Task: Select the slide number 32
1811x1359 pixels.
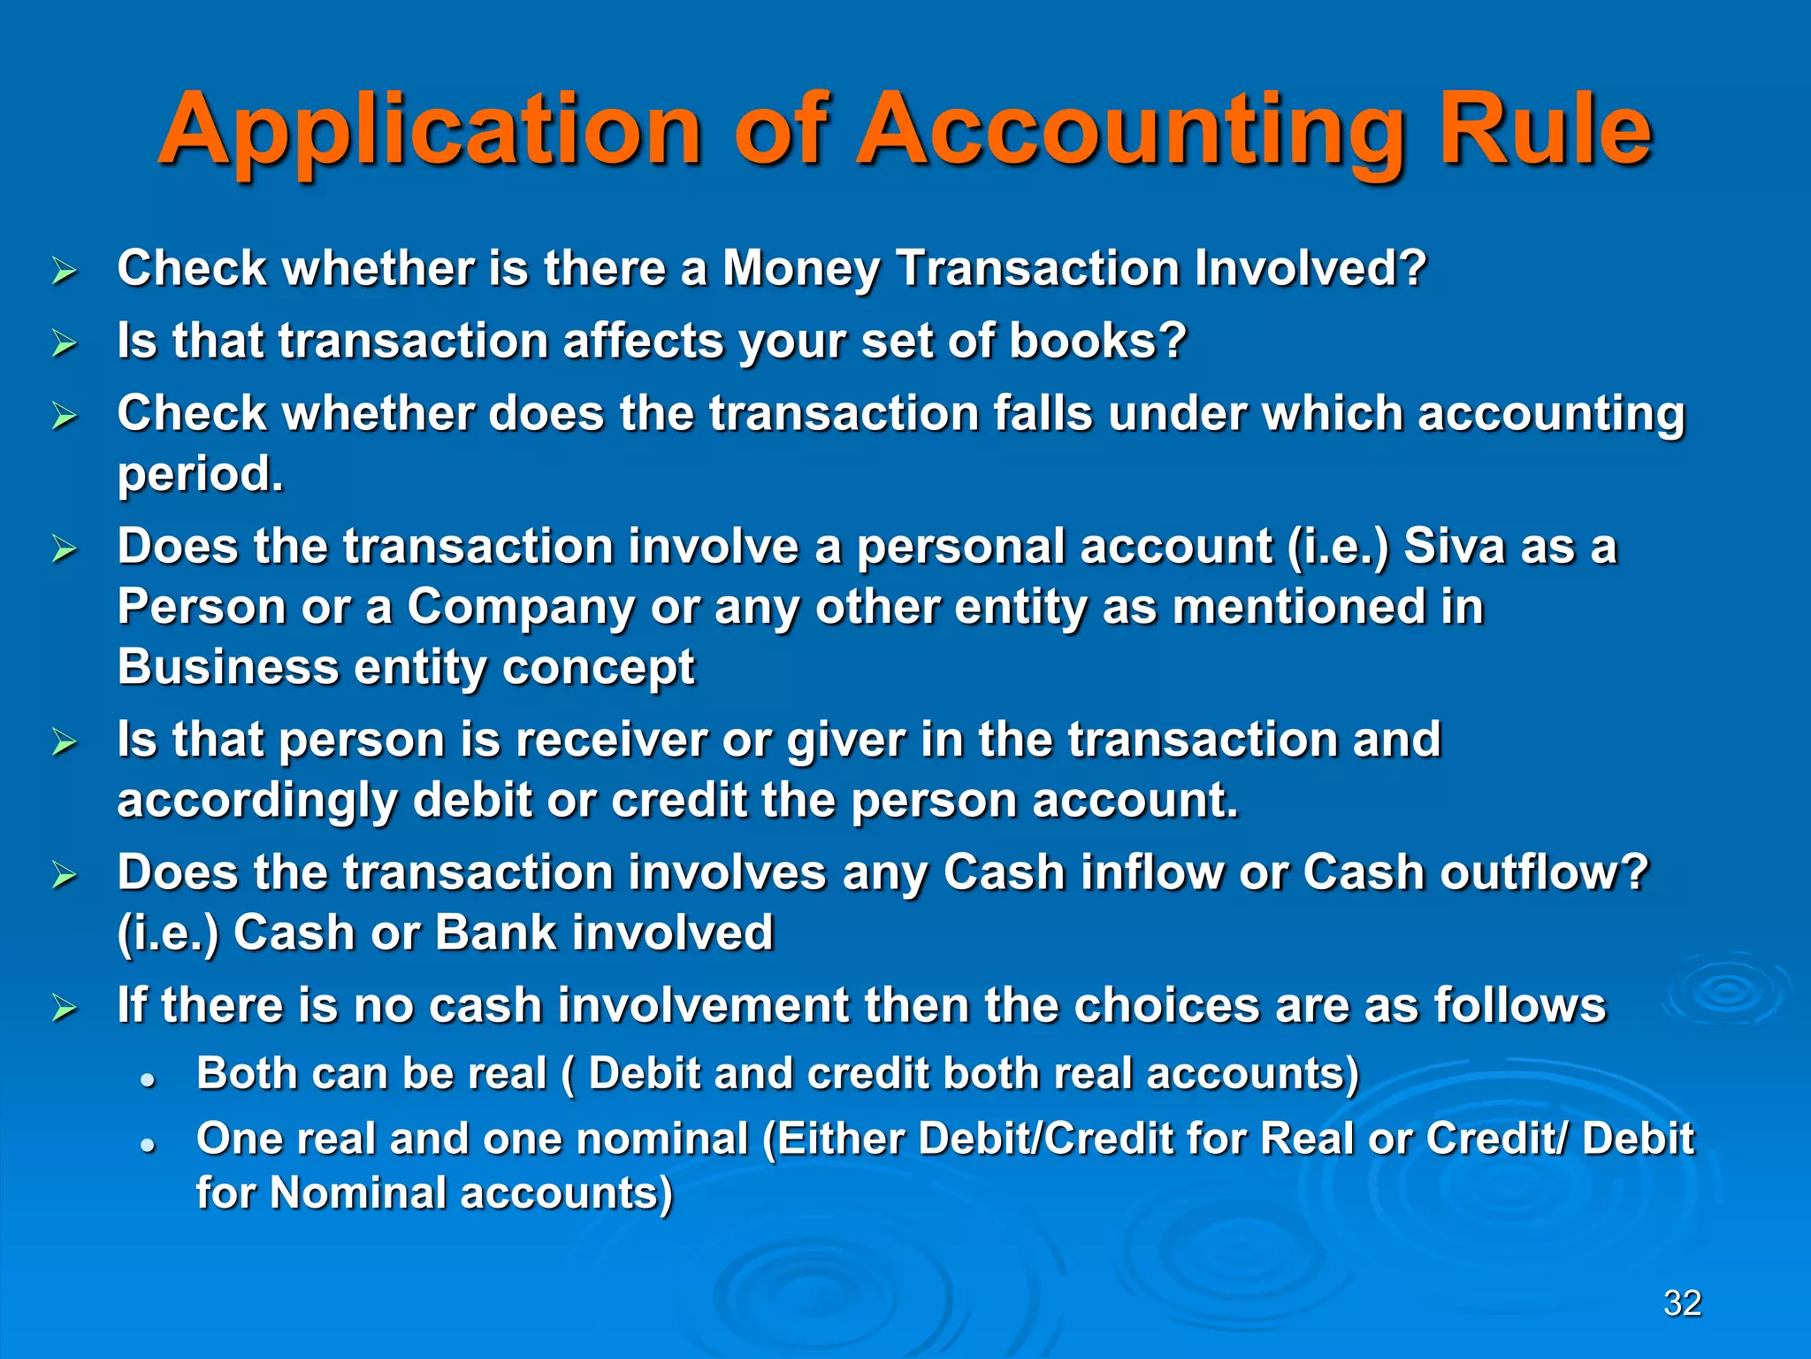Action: [1682, 1303]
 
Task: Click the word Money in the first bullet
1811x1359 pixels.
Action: [801, 269]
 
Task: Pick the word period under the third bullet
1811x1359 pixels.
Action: [200, 475]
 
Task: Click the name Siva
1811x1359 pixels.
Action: [1454, 546]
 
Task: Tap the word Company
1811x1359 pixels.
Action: [521, 607]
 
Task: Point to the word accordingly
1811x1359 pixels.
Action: [257, 801]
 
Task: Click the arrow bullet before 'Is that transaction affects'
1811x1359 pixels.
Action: [65, 343]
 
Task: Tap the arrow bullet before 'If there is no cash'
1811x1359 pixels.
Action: [65, 1008]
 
